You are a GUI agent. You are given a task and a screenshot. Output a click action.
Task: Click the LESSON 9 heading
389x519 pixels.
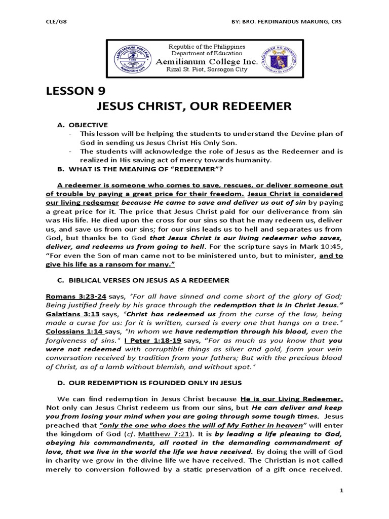pyautogui.click(x=73, y=92)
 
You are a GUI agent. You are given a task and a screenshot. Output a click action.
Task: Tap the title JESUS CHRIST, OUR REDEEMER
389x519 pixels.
pyautogui.click(x=193, y=107)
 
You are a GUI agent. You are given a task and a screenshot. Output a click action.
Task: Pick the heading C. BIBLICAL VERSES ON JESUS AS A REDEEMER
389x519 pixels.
pyautogui.click(x=143, y=280)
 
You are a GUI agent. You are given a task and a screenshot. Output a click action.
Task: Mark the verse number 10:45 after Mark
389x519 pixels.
pyautogui.click(x=333, y=246)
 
